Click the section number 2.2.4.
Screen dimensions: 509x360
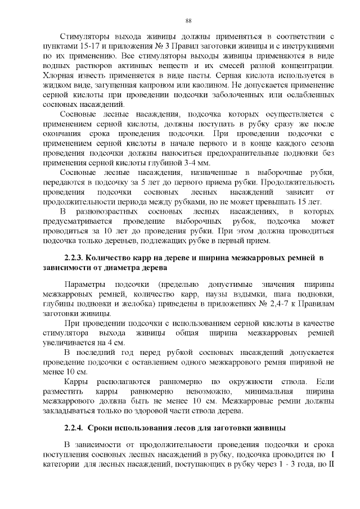(75, 430)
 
